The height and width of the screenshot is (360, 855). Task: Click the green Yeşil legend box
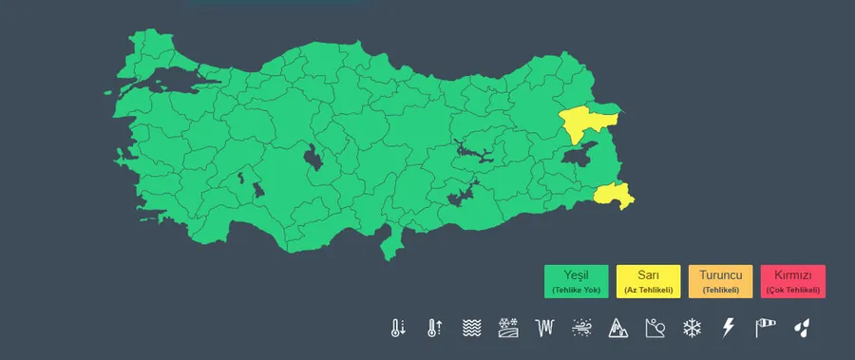576,280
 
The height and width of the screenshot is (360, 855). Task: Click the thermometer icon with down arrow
397,329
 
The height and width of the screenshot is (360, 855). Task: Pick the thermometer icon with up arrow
434,329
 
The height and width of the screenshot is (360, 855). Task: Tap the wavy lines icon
471,329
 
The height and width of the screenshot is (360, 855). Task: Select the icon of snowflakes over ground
508,329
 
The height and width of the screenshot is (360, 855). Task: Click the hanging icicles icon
544,329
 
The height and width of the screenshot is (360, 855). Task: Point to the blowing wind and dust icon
581,329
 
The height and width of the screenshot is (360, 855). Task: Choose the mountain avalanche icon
618,329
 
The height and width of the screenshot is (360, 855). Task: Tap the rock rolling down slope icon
655,329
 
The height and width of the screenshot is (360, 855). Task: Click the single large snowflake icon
692,329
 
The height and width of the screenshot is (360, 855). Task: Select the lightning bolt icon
729,329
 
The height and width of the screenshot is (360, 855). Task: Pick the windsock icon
766,329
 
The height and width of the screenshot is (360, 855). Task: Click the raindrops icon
803,329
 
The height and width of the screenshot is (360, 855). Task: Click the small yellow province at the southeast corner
613,196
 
